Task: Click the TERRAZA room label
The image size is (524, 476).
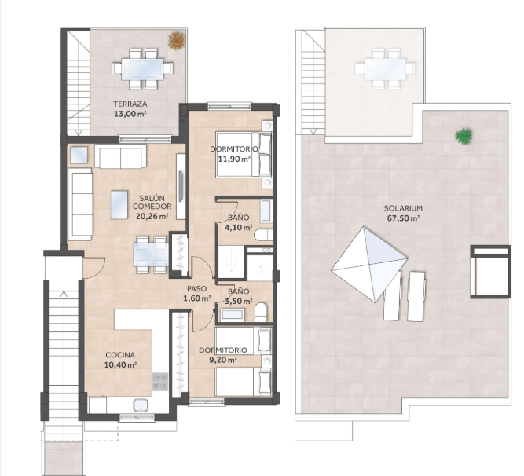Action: pyautogui.click(x=130, y=104)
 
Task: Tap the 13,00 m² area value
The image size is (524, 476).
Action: pyautogui.click(x=130, y=114)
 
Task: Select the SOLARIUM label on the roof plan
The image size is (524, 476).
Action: pyautogui.click(x=403, y=208)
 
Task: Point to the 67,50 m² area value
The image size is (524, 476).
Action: pyautogui.click(x=403, y=218)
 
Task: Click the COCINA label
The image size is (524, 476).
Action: pyautogui.click(x=120, y=355)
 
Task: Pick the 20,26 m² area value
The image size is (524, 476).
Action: pyautogui.click(x=152, y=216)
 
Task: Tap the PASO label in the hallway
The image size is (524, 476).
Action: pyautogui.click(x=196, y=288)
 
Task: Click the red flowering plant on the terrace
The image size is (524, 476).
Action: pyautogui.click(x=177, y=41)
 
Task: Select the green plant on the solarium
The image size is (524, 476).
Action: pyautogui.click(x=464, y=137)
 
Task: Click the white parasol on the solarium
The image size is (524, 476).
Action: pyautogui.click(x=369, y=264)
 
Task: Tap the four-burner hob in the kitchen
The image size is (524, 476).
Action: pyautogui.click(x=160, y=382)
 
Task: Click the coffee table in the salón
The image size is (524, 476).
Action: pyautogui.click(x=119, y=204)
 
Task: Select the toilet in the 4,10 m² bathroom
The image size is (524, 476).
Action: pyautogui.click(x=264, y=235)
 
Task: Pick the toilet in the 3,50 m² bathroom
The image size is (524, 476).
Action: pyautogui.click(x=261, y=313)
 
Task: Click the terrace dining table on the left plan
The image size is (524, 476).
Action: pyautogui.click(x=142, y=69)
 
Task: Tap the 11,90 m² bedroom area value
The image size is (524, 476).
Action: pyautogui.click(x=234, y=159)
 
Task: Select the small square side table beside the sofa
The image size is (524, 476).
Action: pyautogui.click(x=79, y=155)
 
